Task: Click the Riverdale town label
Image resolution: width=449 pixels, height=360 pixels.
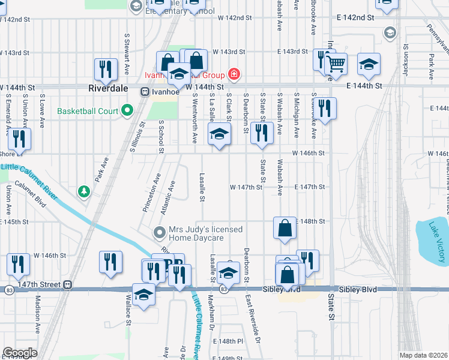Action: [108, 88]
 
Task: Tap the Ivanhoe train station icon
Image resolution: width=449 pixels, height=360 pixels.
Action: [145, 92]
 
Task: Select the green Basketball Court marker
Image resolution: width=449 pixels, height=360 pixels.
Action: [127, 110]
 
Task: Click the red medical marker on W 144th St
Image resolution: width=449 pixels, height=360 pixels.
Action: [234, 75]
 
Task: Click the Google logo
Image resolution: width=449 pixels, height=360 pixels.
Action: [20, 353]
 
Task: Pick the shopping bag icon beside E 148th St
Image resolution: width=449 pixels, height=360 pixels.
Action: [285, 228]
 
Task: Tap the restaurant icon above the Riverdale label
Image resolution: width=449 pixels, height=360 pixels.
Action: [106, 68]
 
